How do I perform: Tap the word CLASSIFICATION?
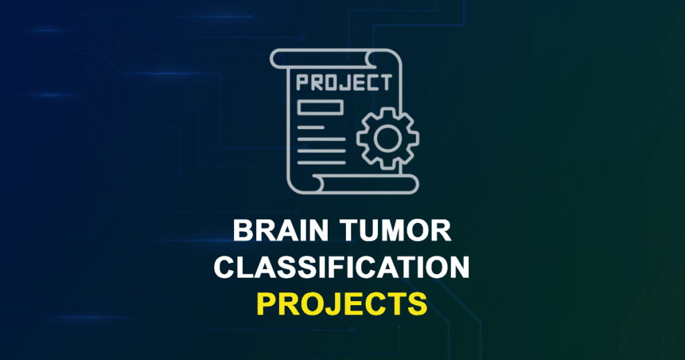pos(342,268)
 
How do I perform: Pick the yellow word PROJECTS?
pos(342,304)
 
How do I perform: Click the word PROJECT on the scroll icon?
pos(343,83)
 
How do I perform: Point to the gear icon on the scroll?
pos(387,138)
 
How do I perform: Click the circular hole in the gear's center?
pos(387,138)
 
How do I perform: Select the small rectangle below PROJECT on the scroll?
pos(320,107)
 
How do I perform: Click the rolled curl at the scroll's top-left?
pos(280,59)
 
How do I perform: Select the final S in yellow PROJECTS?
pos(418,304)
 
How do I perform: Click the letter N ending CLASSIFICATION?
pos(457,268)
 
